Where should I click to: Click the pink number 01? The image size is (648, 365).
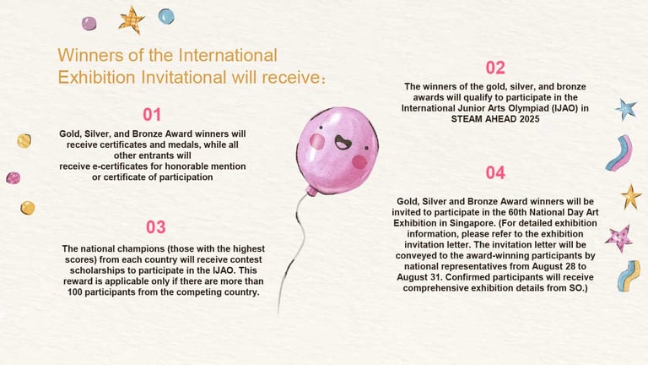point(152,115)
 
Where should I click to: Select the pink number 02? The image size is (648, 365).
point(495,68)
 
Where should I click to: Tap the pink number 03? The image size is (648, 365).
point(156,227)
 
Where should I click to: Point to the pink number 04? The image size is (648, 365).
point(495,173)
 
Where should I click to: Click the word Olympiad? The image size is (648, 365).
point(511,108)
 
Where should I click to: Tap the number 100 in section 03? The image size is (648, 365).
point(75,291)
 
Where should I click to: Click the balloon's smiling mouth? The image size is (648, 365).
point(343,142)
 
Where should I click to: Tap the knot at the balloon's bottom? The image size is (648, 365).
point(311,191)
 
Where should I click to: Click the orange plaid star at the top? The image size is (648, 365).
point(132,19)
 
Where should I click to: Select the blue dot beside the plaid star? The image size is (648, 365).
point(166,17)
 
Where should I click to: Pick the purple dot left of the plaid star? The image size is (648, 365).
point(89,23)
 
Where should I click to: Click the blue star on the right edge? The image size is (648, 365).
point(626,110)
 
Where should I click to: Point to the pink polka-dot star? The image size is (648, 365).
point(619,238)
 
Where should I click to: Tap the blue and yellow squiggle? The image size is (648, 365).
point(629,275)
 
